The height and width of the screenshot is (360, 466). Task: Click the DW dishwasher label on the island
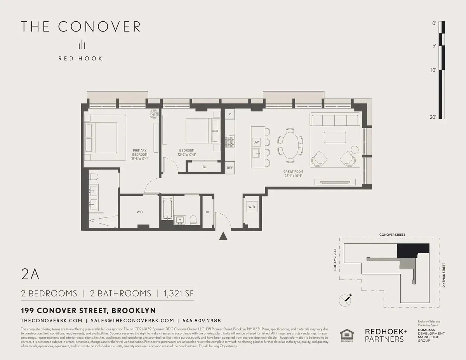tap(256, 143)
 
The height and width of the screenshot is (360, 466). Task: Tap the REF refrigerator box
tap(230, 168)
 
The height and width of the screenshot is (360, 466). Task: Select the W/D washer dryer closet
tap(252, 207)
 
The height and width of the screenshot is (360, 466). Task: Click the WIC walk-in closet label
tap(139, 212)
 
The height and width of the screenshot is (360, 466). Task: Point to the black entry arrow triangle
tap(223, 236)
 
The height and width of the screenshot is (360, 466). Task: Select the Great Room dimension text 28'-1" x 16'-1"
tap(294, 176)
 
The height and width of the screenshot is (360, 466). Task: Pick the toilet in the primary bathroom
tap(93, 177)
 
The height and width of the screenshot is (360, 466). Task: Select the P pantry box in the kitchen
tap(230, 114)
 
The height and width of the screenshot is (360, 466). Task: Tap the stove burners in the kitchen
tap(230, 141)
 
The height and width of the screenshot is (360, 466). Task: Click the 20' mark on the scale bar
tap(434, 117)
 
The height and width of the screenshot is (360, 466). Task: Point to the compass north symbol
tap(345, 299)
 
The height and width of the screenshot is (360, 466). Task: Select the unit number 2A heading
tap(30, 275)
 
